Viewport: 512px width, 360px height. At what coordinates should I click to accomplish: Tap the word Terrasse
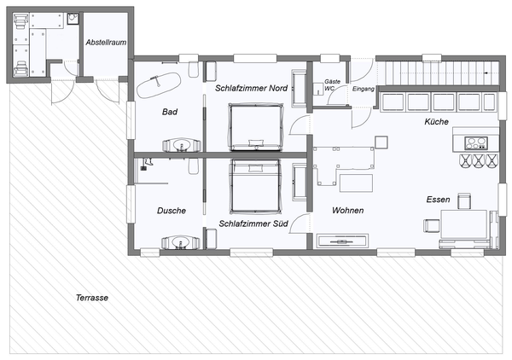(91, 298)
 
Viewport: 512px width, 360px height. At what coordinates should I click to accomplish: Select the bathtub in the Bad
(158, 83)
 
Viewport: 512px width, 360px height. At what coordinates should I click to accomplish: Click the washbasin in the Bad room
(180, 146)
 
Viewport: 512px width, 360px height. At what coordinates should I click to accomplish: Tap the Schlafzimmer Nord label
(251, 89)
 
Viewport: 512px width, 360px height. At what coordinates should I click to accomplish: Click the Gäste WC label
(329, 87)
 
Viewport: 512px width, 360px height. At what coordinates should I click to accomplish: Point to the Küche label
(436, 123)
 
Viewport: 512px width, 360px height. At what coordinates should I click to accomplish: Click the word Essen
(438, 200)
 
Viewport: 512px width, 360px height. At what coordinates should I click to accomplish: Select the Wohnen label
(348, 210)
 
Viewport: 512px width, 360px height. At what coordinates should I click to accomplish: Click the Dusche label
(172, 211)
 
